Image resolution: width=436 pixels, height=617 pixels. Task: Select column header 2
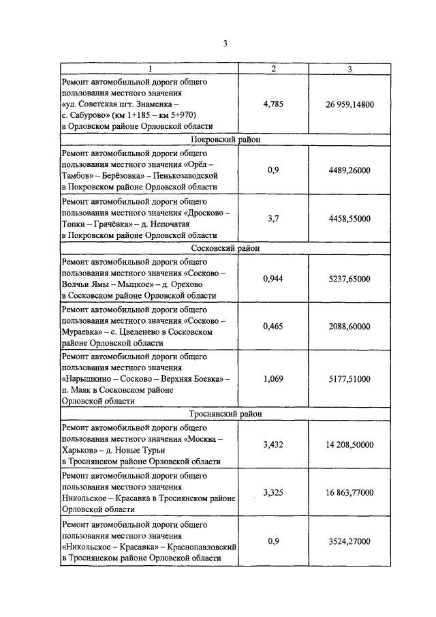click(x=273, y=69)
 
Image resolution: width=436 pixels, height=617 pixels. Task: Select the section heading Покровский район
click(x=226, y=139)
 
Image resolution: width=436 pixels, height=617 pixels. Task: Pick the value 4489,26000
click(x=350, y=170)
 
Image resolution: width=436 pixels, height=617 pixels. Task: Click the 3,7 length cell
click(x=273, y=218)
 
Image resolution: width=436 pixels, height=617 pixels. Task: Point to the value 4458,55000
click(x=350, y=218)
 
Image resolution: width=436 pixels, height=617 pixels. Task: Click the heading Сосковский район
click(x=226, y=248)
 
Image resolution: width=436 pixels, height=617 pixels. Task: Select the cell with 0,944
click(x=273, y=279)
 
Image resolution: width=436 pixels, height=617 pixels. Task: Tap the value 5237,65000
click(x=350, y=279)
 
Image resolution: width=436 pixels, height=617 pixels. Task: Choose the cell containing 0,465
click(x=273, y=327)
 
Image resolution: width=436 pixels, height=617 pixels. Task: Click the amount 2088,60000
click(x=350, y=327)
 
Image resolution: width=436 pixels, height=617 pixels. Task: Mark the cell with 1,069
click(x=273, y=379)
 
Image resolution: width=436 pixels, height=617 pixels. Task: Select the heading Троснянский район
click(x=226, y=414)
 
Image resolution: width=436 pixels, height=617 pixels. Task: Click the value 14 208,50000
click(x=350, y=445)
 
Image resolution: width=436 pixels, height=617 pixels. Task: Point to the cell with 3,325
click(x=273, y=492)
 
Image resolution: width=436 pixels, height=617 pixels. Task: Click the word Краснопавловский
click(x=202, y=547)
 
